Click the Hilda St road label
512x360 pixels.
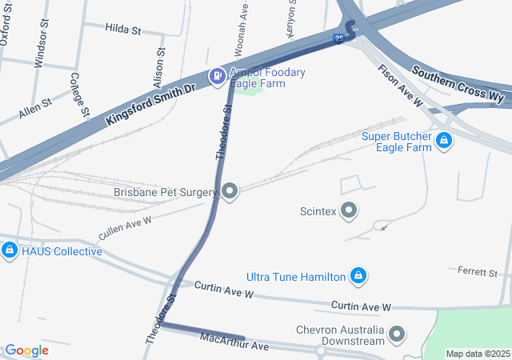pos(122,30)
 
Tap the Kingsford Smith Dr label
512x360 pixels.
pos(150,103)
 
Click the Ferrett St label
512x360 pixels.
pos(478,273)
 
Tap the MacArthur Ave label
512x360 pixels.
pos(234,346)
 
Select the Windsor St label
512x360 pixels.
pos(40,48)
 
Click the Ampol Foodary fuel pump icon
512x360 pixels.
pos(216,76)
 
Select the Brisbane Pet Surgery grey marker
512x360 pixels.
pos(230,192)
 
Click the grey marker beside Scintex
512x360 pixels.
pos(350,211)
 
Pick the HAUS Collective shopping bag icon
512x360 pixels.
pos(9,251)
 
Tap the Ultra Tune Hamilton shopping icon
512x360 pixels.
pos(358,277)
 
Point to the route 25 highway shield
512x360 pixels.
pos(339,38)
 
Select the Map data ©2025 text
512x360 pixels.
pos(477,354)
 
